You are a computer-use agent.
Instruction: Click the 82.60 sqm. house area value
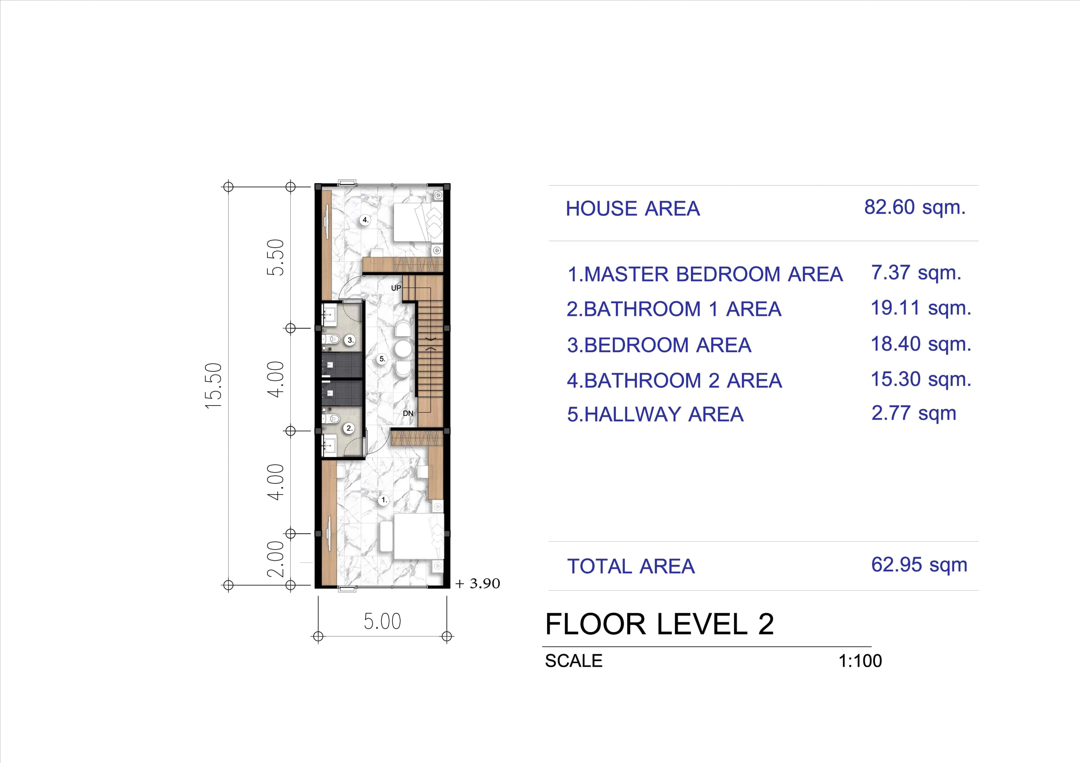pyautogui.click(x=914, y=208)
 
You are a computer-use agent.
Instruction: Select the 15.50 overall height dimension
pyautogui.click(x=213, y=386)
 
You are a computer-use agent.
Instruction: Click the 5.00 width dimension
pyautogui.click(x=382, y=621)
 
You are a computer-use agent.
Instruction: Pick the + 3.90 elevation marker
pyautogui.click(x=478, y=583)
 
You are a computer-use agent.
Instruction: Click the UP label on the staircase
pyautogui.click(x=396, y=288)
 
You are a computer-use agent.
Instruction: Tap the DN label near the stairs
pyautogui.click(x=408, y=413)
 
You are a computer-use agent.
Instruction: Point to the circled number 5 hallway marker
pyautogui.click(x=382, y=359)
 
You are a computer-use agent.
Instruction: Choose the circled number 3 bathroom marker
pyautogui.click(x=350, y=340)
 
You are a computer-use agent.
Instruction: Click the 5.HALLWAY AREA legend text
pyautogui.click(x=655, y=415)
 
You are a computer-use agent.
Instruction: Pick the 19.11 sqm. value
pyautogui.click(x=921, y=308)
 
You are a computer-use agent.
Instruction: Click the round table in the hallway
pyautogui.click(x=403, y=349)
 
